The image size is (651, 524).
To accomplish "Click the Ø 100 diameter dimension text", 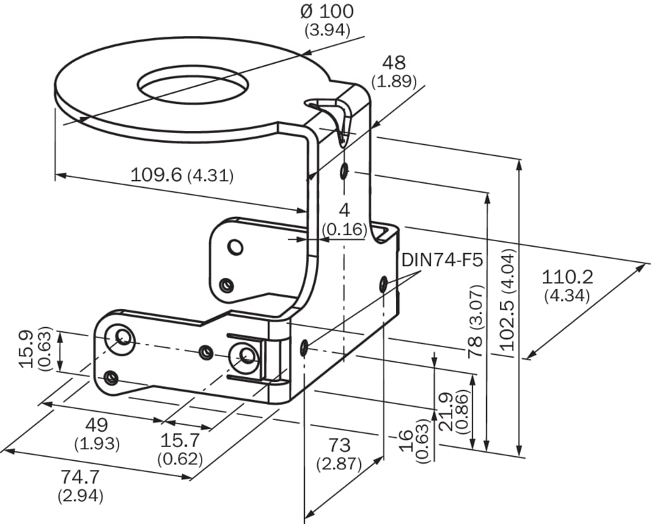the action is coord(327,11).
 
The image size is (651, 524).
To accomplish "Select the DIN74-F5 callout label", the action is coord(442,261).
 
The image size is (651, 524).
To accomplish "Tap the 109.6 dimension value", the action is coord(156,175).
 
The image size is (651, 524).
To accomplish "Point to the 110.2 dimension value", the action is coord(567,277).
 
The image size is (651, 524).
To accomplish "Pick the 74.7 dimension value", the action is coord(80,477).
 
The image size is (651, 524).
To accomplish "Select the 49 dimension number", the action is coord(96,425).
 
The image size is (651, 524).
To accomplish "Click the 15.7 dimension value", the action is coord(180,439).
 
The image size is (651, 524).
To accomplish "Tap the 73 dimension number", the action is coord(339,445).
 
